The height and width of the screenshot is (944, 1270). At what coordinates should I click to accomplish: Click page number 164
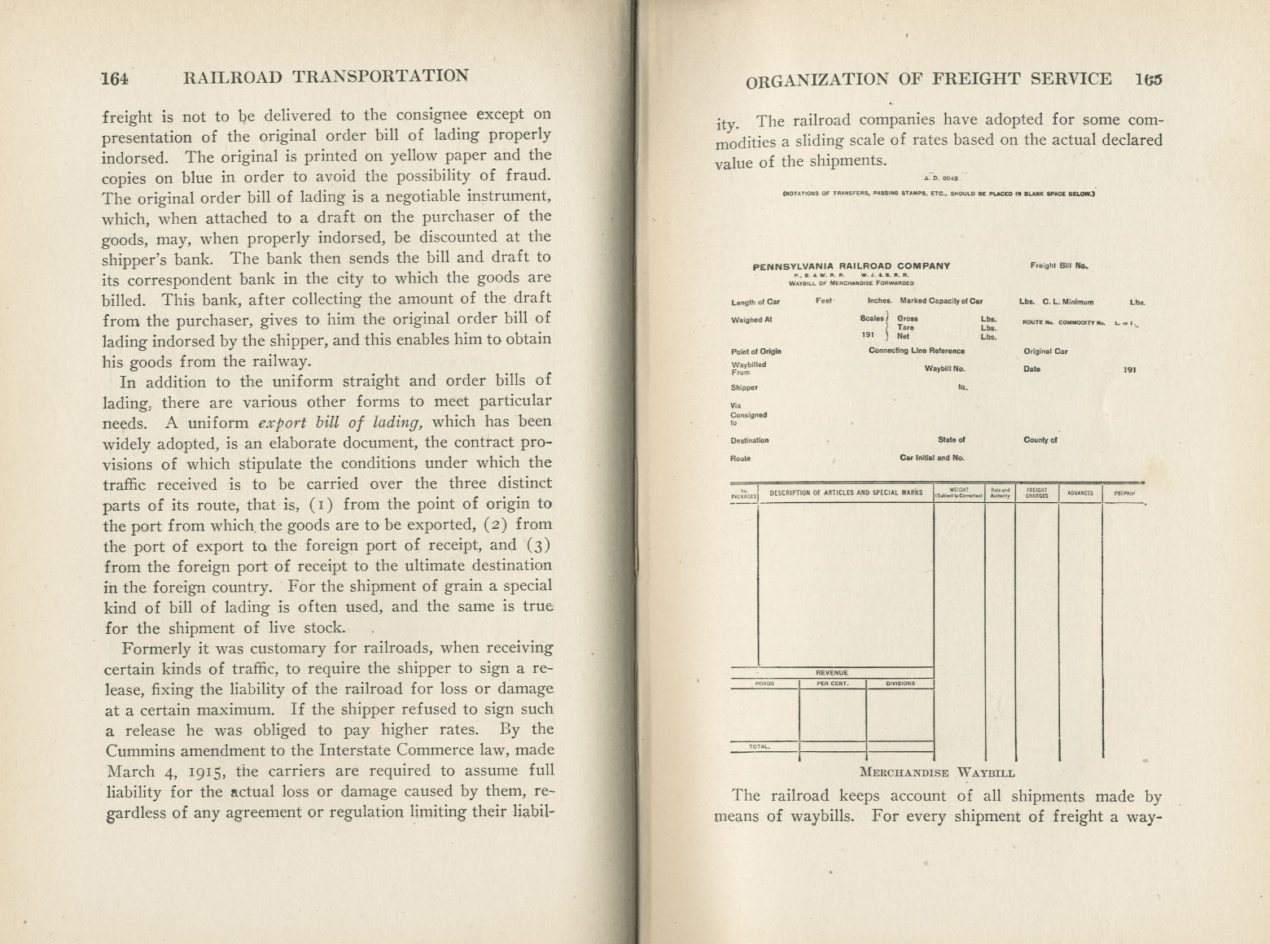115,78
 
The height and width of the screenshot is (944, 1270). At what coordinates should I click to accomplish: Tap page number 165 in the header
1149,79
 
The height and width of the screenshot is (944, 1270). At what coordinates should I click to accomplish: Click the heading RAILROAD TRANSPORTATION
326,77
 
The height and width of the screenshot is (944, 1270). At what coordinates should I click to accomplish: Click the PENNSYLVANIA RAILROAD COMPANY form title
851,265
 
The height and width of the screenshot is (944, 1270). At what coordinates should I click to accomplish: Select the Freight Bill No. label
1059,265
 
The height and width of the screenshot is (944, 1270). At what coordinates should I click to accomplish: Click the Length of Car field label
755,302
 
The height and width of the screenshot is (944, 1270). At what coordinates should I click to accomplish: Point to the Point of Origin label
755,352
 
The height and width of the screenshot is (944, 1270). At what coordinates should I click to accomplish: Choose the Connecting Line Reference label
916,352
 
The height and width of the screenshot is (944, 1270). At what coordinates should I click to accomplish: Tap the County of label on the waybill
1040,440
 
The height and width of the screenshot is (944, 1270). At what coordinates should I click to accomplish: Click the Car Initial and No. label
931,458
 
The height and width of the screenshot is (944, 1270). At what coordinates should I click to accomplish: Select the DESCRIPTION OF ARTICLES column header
846,493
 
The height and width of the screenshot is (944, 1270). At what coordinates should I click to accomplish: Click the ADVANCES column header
1079,493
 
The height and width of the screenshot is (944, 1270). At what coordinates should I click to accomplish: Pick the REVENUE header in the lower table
832,673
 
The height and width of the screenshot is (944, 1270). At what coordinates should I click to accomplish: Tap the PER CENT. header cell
832,684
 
